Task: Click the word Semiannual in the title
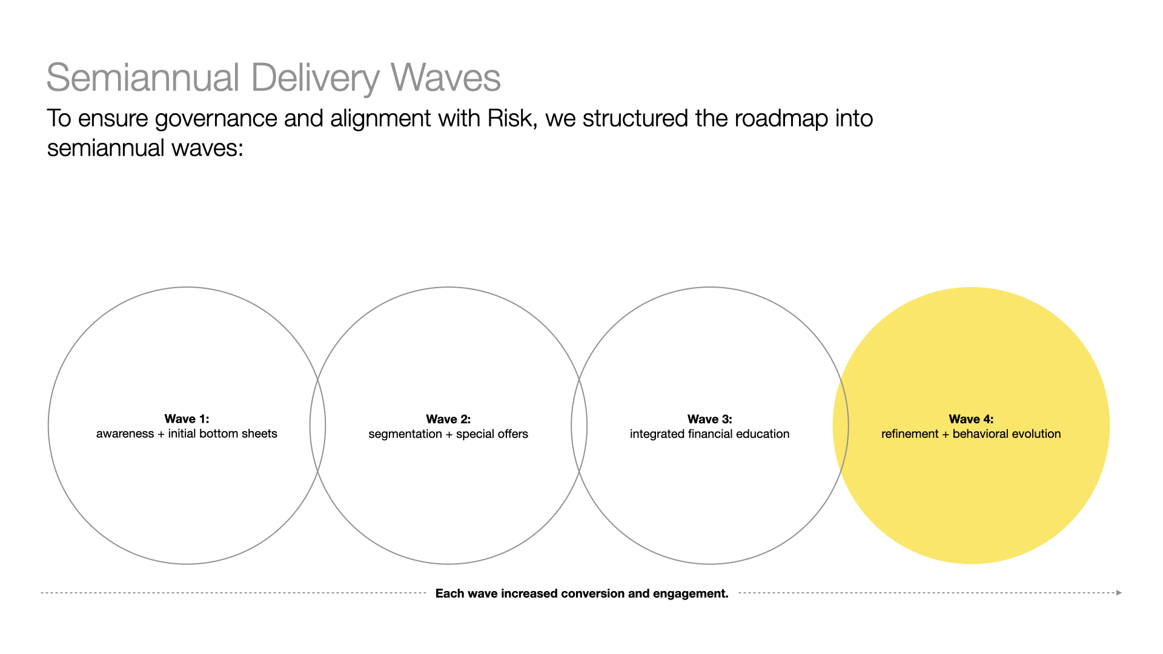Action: (144, 78)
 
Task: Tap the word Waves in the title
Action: (445, 78)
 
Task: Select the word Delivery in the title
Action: (316, 79)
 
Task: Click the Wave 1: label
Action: (187, 418)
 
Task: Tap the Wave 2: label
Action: (448, 419)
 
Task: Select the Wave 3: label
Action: (710, 419)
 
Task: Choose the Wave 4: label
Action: (971, 419)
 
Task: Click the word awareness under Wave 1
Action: (125, 434)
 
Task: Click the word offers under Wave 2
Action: (510, 434)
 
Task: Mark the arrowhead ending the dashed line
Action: (1119, 593)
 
